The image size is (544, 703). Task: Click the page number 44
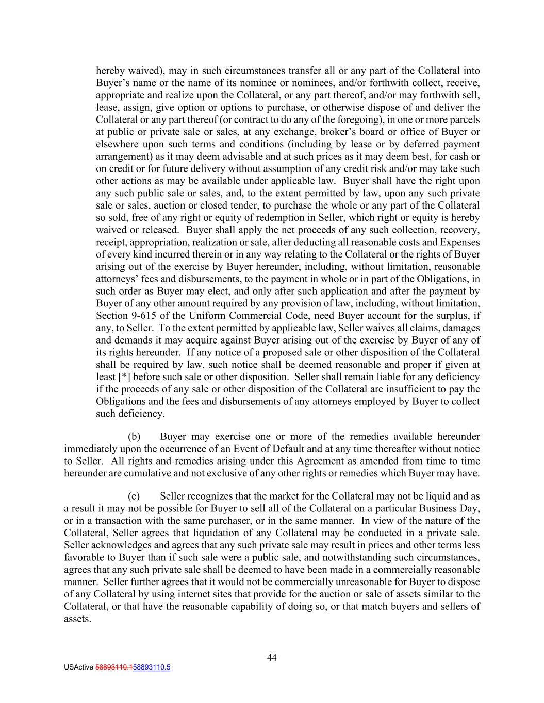click(x=272, y=657)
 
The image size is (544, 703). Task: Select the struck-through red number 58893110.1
click(x=113, y=667)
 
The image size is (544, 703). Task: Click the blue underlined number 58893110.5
click(x=152, y=667)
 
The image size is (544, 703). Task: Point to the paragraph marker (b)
click(x=134, y=436)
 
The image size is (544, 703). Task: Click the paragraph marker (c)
click(x=134, y=496)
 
